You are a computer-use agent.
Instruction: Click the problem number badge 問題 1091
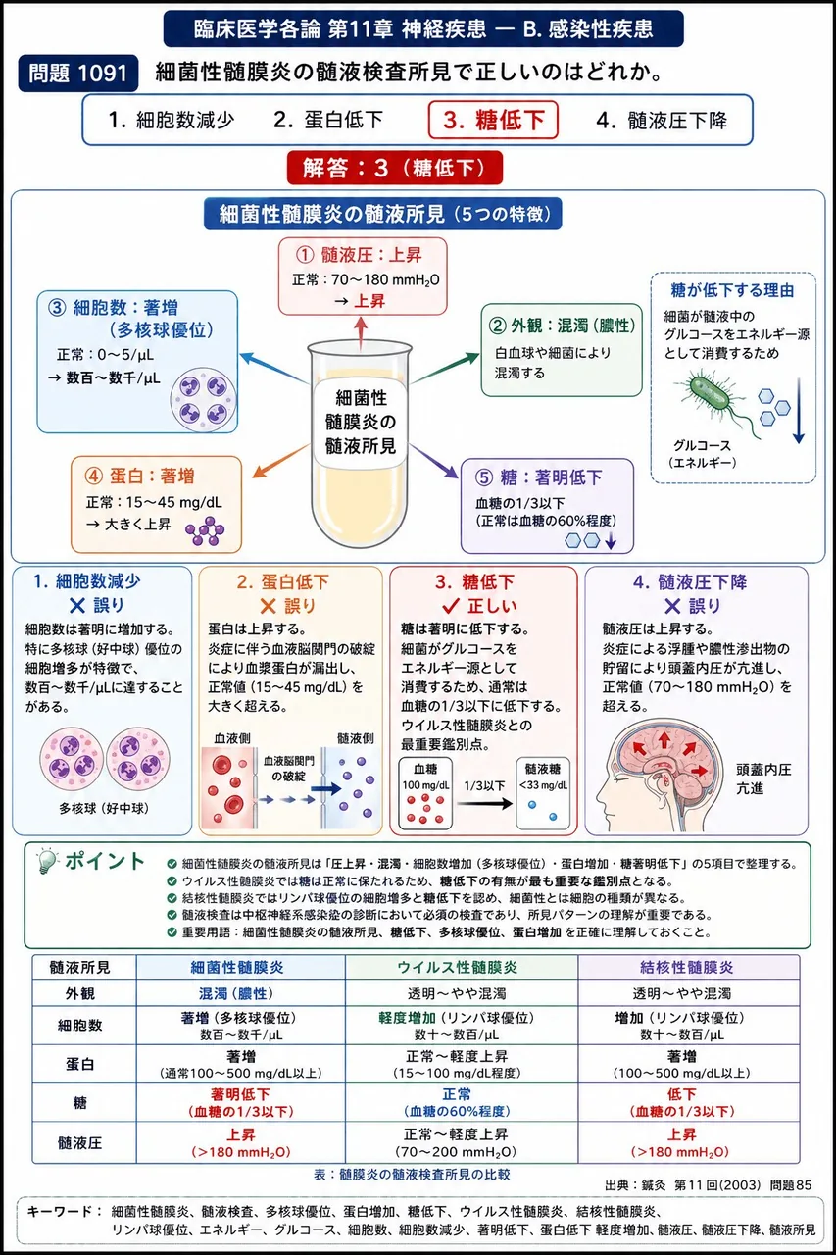tap(77, 73)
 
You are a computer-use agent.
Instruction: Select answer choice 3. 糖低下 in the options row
tap(493, 120)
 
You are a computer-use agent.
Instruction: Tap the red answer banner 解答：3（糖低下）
tap(395, 168)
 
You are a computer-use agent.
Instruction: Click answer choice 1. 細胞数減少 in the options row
tap(171, 120)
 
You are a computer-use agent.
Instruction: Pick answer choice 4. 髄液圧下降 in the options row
tap(662, 120)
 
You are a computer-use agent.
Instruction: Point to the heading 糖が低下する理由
tap(732, 290)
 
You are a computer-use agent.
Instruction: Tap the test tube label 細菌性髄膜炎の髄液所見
tap(361, 422)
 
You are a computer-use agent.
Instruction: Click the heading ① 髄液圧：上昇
tap(359, 256)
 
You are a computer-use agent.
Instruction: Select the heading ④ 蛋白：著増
tap(139, 476)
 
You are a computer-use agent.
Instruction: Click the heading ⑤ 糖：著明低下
tap(539, 477)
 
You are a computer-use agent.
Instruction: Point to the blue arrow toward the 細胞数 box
tap(273, 368)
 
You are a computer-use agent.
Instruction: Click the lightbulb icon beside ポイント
tap(47, 862)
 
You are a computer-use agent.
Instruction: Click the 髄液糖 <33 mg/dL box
tap(543, 793)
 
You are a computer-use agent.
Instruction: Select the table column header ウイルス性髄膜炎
tap(458, 967)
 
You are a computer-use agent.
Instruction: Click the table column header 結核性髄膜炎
tap(686, 967)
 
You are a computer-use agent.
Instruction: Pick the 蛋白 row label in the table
tap(80, 1064)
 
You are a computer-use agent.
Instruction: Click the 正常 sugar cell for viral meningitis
tap(457, 1102)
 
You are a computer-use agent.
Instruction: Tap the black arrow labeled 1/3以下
tap(485, 804)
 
